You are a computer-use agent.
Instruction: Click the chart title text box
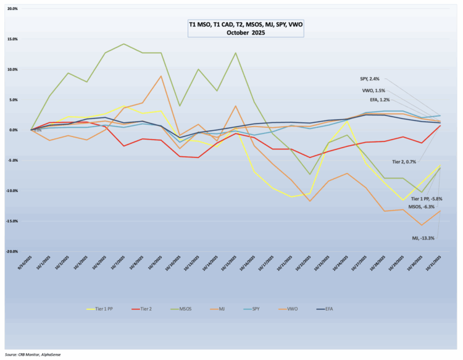246,28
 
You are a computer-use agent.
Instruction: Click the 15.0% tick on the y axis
12,39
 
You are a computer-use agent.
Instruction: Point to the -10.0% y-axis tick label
11,191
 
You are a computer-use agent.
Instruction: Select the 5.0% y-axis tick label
12,99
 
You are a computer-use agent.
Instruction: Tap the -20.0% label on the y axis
11,251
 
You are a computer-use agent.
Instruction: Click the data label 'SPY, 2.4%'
369,79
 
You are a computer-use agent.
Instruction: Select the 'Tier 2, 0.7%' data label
404,162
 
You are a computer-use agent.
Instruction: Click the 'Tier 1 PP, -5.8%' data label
426,199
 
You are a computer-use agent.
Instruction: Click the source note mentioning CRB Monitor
33,355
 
